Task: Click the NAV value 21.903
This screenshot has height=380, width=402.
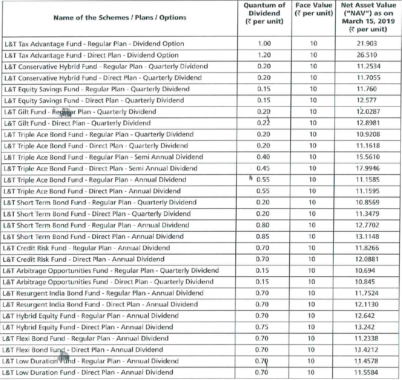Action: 367,44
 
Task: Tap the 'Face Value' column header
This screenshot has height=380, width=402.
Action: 314,9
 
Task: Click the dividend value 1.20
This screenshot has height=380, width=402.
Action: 264,55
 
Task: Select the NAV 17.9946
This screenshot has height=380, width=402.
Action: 367,168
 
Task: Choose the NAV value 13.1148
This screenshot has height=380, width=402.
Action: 367,236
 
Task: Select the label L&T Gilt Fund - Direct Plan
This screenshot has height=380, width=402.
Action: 77,123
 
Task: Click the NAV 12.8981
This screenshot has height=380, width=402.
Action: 367,123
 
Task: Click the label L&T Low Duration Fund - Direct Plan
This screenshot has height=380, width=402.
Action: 87,372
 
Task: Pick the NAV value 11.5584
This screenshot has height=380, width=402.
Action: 367,372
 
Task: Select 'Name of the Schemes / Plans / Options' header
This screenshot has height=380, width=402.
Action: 120,17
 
